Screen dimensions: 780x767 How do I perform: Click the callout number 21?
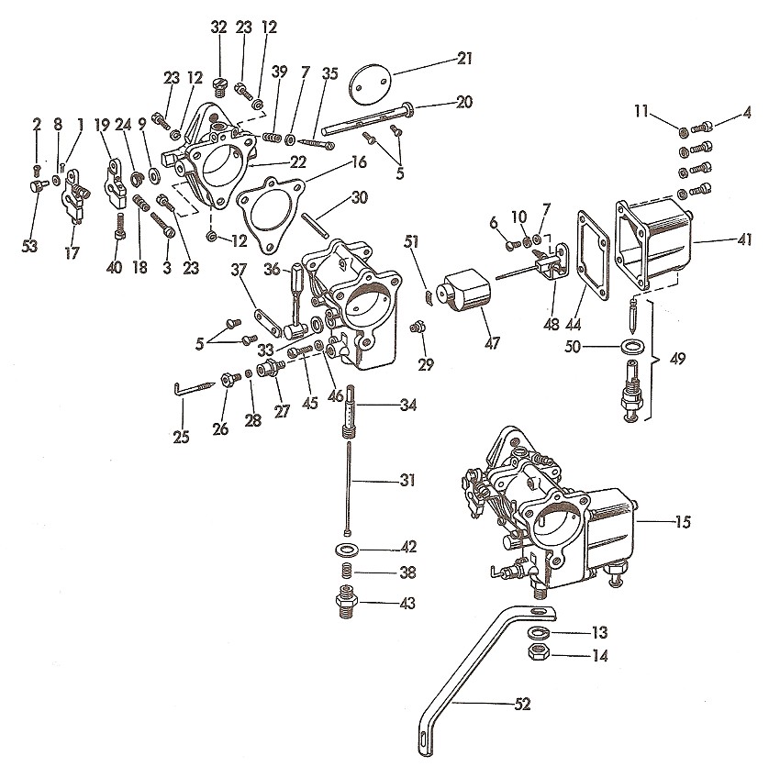pyautogui.click(x=464, y=59)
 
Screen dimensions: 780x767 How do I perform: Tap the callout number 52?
pyautogui.click(x=522, y=704)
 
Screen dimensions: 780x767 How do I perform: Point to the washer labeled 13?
pyautogui.click(x=538, y=633)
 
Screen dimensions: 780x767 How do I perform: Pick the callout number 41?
pyautogui.click(x=744, y=239)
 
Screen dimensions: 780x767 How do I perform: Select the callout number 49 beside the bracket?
pyautogui.click(x=677, y=359)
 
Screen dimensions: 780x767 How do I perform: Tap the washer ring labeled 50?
pyautogui.click(x=631, y=346)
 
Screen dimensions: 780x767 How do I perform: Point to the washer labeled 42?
pyautogui.click(x=347, y=550)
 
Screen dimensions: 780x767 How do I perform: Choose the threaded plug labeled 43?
pyautogui.click(x=347, y=603)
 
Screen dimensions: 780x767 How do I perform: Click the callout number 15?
pyautogui.click(x=683, y=522)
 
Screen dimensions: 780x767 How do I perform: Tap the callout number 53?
pyautogui.click(x=30, y=246)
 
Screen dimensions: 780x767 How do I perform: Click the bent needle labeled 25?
pyautogui.click(x=195, y=387)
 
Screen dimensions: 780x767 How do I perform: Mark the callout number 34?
pyautogui.click(x=408, y=405)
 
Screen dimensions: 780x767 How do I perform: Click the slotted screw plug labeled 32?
pyautogui.click(x=219, y=88)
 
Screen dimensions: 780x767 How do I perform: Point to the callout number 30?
pyautogui.click(x=359, y=197)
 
